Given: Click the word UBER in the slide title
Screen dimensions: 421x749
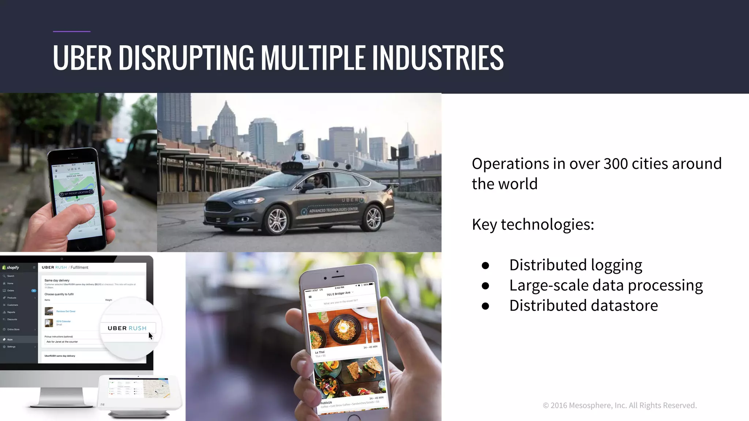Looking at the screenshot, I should pos(82,57).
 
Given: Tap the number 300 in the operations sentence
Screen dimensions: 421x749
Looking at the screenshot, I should pos(616,164).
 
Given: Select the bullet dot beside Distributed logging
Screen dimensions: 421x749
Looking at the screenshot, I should pos(485,266).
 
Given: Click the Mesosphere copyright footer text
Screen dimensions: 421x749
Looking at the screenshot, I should pos(620,405).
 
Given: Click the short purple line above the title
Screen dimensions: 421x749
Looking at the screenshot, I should pos(72,31).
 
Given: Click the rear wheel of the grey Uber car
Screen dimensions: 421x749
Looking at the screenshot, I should pos(373,218).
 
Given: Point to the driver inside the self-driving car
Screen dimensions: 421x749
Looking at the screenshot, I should pos(319,182).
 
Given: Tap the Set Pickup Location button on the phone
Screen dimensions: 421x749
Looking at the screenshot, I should pos(76,193).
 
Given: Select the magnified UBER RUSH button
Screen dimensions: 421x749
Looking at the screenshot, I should pos(127,328).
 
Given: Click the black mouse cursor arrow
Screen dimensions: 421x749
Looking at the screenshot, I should pos(151,336).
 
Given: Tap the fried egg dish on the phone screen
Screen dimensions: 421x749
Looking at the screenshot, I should pos(343,326).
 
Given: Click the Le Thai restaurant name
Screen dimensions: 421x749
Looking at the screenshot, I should pos(320,352).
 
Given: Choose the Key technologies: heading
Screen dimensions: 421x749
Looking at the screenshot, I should pos(533,224).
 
